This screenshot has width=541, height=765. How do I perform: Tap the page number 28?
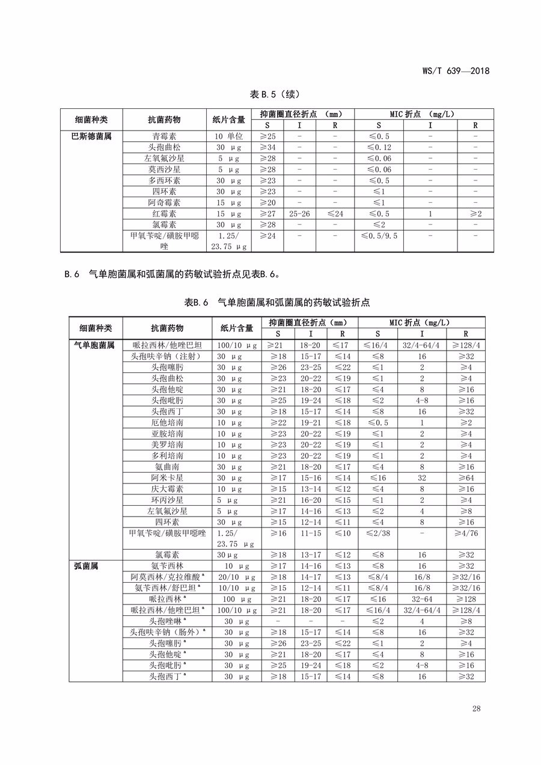pyautogui.click(x=476, y=708)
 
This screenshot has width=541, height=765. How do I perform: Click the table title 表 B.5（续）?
pyautogui.click(x=274, y=94)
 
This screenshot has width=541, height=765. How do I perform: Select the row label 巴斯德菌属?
pyautogui.click(x=91, y=137)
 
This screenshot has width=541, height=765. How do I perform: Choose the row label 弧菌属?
pyautogui.click(x=86, y=566)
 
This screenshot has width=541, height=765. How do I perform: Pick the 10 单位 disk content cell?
pyautogui.click(x=229, y=137)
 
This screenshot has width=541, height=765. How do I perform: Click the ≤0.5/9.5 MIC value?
pyautogui.click(x=379, y=236)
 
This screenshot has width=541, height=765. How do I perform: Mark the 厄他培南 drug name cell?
pyautogui.click(x=167, y=423)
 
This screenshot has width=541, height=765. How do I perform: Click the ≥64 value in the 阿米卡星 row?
pyautogui.click(x=466, y=478)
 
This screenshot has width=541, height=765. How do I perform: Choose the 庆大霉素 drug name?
pyautogui.click(x=167, y=489)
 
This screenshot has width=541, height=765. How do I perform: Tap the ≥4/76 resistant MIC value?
pyautogui.click(x=466, y=533)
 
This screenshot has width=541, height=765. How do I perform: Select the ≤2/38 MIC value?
pyautogui.click(x=378, y=533)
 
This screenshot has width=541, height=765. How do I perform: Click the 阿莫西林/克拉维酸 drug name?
pyautogui.click(x=167, y=577)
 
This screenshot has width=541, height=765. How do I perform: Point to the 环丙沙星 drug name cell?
pyautogui.click(x=167, y=500)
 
